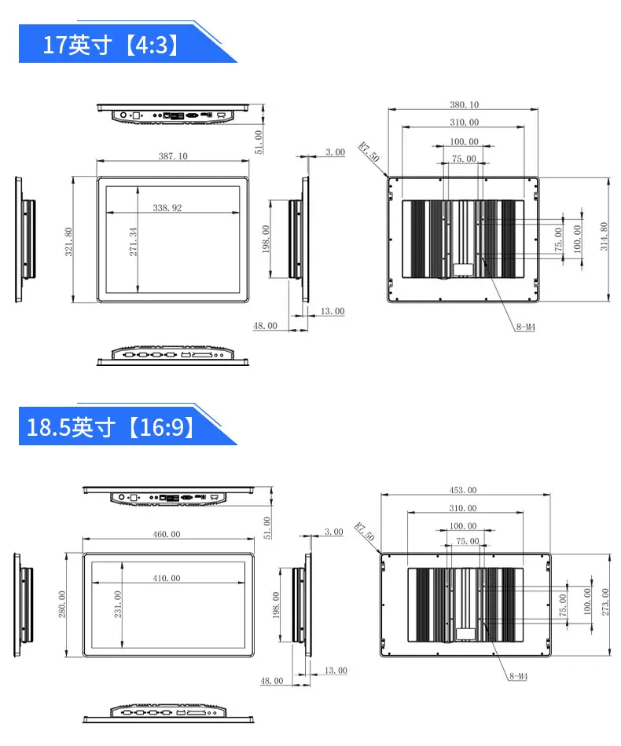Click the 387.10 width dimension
coord(173,156)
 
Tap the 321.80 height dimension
coord(68,242)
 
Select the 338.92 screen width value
coord(167,208)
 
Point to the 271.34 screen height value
coord(134,242)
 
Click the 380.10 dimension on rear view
coord(465,104)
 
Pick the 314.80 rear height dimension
coord(604,236)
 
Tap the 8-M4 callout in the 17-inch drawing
coord(526,327)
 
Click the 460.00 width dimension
coord(167,534)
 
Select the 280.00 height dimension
coord(62,604)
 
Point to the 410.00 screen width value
coord(167,578)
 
